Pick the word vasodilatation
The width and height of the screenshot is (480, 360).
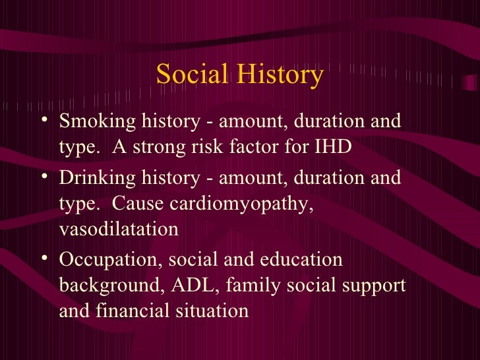coord(119,229)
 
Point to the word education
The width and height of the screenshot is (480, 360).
coord(303,260)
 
